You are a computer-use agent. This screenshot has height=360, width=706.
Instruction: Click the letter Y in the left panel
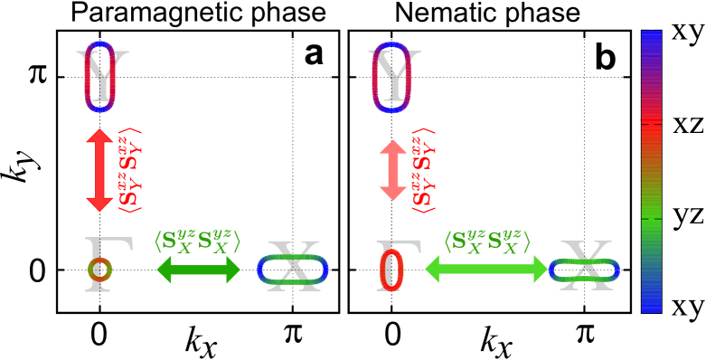[x=101, y=76]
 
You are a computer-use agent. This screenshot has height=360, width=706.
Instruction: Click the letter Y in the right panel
[x=393, y=76]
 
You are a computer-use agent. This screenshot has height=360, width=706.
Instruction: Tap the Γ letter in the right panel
[x=399, y=264]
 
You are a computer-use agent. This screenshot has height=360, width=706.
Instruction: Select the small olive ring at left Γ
[x=99, y=270]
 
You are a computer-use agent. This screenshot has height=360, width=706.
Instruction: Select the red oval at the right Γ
[x=391, y=270]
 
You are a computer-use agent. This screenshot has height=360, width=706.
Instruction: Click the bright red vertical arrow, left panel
[x=99, y=170]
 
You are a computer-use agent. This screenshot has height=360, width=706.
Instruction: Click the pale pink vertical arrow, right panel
[x=393, y=170]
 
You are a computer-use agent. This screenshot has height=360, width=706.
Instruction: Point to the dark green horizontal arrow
[x=198, y=270]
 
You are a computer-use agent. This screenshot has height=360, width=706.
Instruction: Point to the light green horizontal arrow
[x=486, y=270]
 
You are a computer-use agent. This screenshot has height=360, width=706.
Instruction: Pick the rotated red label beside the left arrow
[x=129, y=170]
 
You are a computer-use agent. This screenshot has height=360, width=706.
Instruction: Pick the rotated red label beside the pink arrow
[x=422, y=170]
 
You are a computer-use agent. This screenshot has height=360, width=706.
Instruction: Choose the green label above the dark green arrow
[x=197, y=242]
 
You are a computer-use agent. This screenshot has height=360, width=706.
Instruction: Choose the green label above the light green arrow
[x=486, y=242]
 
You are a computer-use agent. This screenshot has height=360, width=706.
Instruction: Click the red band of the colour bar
[x=651, y=136]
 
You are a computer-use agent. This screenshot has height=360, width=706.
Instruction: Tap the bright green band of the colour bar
[x=651, y=213]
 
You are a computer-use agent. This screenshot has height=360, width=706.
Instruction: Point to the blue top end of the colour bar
[x=651, y=41]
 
